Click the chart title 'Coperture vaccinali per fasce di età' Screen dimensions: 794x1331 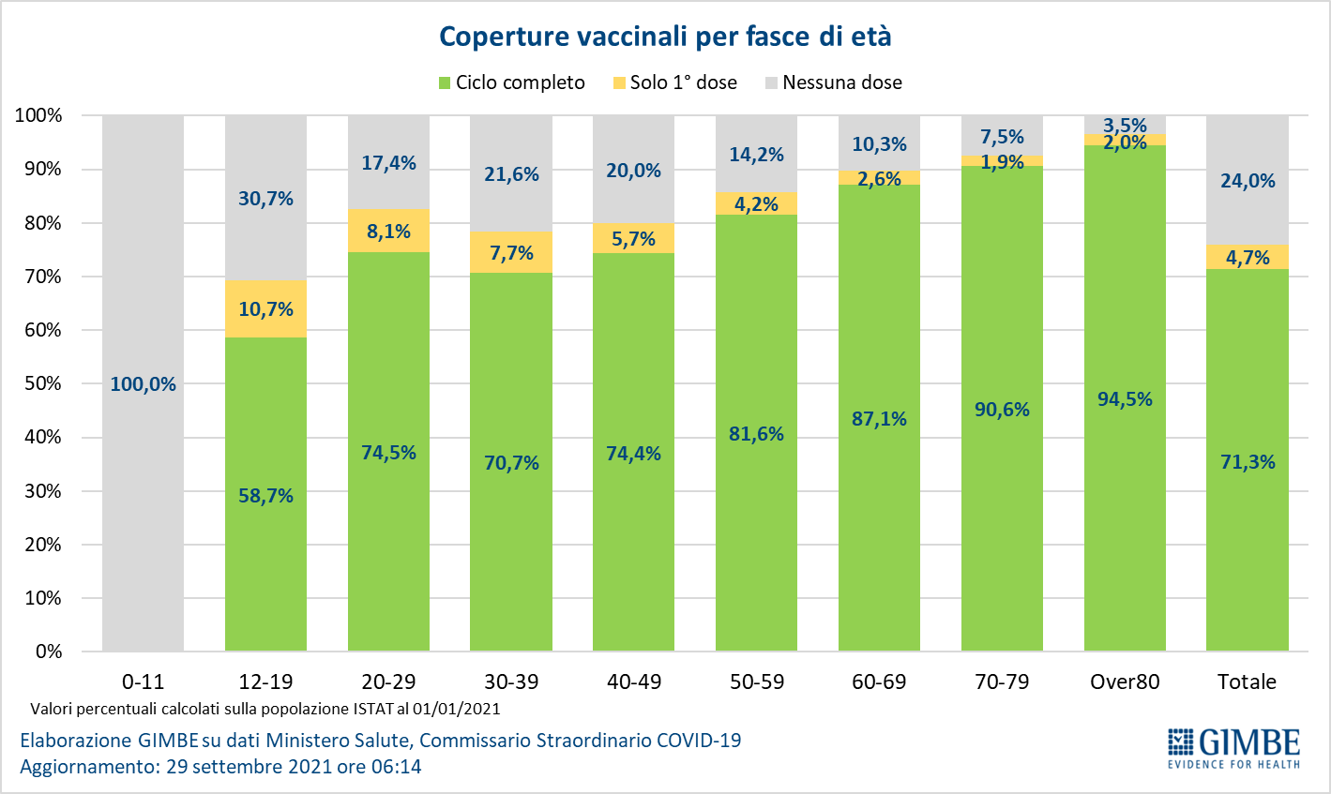point(665,37)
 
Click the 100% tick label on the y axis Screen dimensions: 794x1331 point(38,115)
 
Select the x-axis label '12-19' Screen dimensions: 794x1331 point(265,682)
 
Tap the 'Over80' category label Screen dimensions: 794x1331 point(1125,682)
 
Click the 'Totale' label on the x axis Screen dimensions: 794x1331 point(1247,682)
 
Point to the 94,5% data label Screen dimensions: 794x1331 point(1125,399)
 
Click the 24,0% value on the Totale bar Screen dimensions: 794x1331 point(1248,181)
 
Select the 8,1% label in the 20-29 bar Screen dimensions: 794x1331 point(388,232)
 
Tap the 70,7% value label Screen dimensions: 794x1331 point(511,463)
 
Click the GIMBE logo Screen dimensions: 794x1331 point(1233,747)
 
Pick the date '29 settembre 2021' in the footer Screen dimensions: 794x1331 point(249,767)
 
